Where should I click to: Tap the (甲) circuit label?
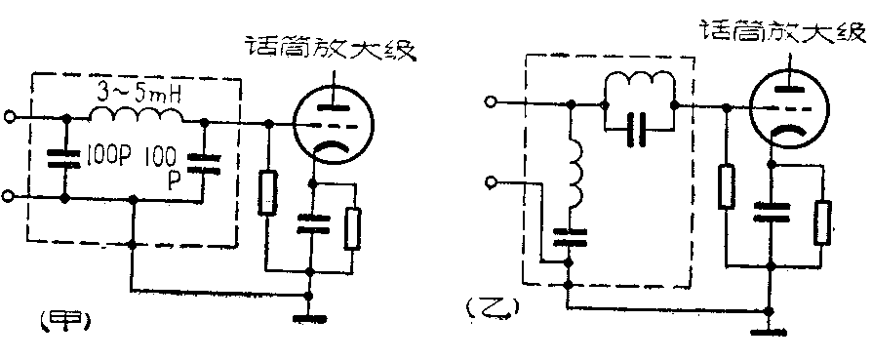click(54, 319)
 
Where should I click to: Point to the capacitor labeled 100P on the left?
click(64, 157)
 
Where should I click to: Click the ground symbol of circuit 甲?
click(309, 314)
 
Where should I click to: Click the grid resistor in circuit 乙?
click(726, 185)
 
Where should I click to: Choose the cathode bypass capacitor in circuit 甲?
click(309, 223)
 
